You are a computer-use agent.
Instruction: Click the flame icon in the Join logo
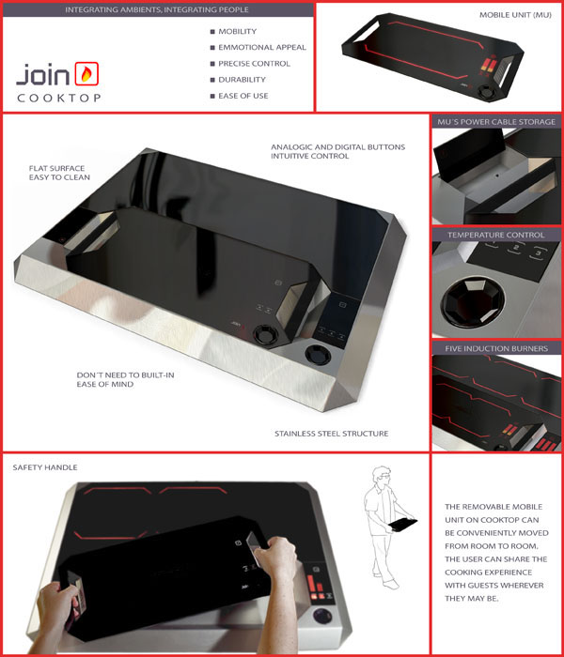86,74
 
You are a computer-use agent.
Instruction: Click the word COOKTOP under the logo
58,98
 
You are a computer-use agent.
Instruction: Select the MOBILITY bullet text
238,31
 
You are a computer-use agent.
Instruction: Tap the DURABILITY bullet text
243,80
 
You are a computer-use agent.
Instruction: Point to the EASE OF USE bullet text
243,96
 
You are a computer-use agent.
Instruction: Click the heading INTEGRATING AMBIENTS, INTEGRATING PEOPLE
157,9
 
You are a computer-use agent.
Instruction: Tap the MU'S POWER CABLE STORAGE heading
496,122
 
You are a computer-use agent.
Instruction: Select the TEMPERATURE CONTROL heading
496,235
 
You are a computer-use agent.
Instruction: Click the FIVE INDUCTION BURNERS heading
496,348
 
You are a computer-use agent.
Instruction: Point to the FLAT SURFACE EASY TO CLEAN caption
59,173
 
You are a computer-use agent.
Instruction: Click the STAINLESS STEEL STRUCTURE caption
332,434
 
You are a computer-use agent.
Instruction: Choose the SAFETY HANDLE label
45,467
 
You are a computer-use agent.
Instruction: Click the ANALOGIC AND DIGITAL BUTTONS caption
337,147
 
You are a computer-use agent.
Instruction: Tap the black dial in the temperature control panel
473,301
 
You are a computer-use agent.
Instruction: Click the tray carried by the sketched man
403,524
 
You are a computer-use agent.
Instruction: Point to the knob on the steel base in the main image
318,355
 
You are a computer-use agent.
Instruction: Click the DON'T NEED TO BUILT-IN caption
125,375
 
